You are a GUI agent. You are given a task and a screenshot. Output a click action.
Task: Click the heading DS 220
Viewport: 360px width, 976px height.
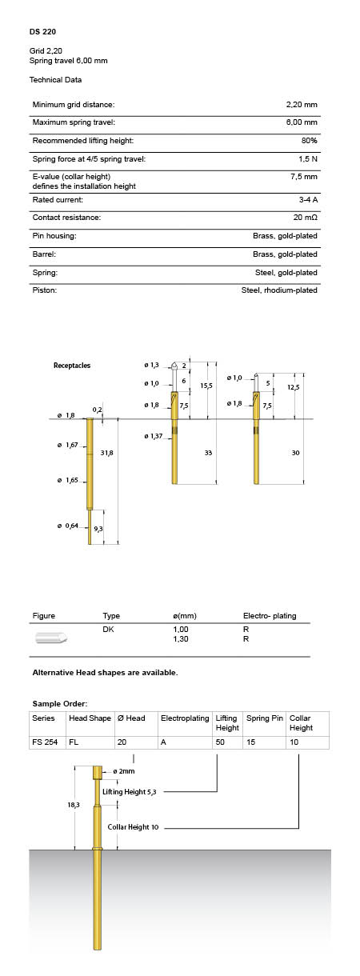pyautogui.click(x=42, y=32)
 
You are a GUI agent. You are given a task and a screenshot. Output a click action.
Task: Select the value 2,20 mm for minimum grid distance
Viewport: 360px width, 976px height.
pyautogui.click(x=302, y=105)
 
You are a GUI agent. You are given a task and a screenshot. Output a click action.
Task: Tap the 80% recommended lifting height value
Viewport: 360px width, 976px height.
pyautogui.click(x=309, y=141)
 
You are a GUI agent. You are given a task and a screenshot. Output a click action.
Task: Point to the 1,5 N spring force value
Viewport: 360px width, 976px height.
pyautogui.click(x=308, y=159)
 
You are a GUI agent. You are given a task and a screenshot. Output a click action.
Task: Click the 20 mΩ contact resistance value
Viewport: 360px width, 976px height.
pyautogui.click(x=305, y=218)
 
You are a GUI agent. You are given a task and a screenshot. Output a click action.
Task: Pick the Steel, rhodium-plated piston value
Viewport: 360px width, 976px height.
pyautogui.click(x=279, y=290)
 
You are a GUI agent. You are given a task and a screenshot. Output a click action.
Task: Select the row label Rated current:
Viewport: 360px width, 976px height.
pyautogui.click(x=58, y=200)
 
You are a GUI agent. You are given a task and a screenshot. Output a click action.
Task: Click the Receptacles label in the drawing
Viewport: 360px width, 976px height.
pyautogui.click(x=72, y=366)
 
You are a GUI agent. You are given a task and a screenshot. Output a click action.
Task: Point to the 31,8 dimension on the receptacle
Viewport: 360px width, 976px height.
pyautogui.click(x=106, y=453)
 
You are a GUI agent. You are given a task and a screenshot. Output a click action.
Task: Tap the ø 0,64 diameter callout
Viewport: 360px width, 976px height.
pyautogui.click(x=67, y=526)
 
